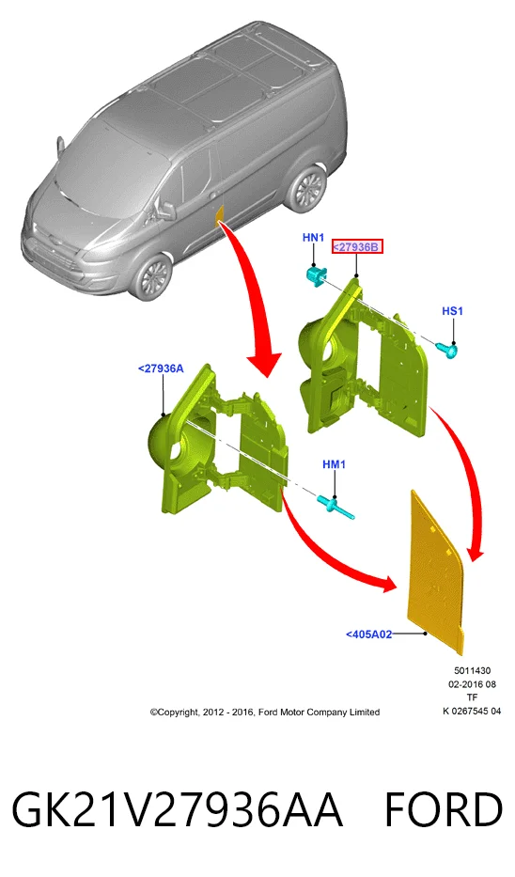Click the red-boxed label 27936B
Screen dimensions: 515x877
click(357, 246)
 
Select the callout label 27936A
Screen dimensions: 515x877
click(161, 368)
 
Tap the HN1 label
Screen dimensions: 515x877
click(313, 238)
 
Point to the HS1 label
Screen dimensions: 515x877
click(452, 311)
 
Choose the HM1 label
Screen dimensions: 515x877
click(334, 464)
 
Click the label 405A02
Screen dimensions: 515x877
click(368, 634)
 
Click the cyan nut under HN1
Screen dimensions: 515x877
click(316, 275)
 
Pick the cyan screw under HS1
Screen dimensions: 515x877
click(448, 351)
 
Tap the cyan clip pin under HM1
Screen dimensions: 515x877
click(336, 508)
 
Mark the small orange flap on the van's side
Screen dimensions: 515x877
click(220, 215)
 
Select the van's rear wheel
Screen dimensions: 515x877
click(306, 187)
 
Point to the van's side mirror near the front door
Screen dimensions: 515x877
click(167, 210)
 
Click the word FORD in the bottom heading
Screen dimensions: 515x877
click(444, 810)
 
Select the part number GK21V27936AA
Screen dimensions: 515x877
click(177, 810)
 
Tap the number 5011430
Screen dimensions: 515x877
click(472, 670)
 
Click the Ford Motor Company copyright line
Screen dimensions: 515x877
click(264, 712)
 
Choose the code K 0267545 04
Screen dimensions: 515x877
click(472, 711)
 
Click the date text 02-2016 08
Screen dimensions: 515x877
click(472, 684)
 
